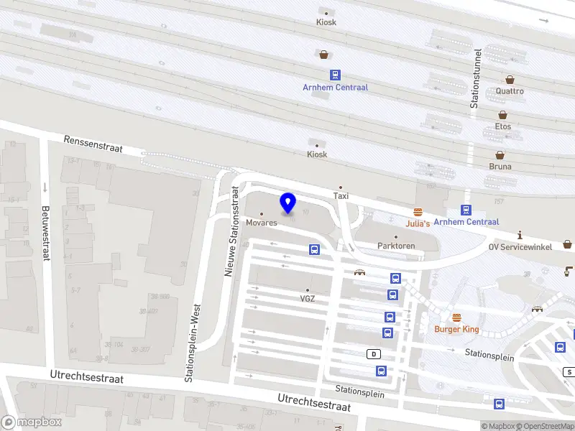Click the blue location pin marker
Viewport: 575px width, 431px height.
point(288,203)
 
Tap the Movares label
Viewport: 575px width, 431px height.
point(261,223)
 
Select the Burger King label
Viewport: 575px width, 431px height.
point(456,329)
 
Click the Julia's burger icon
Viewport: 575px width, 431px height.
point(418,212)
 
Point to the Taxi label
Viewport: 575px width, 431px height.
point(341,195)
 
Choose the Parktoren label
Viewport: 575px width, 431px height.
point(396,246)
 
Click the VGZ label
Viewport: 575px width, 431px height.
point(308,298)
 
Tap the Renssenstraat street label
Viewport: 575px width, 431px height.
point(93,144)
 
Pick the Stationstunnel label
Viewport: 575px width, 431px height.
point(474,79)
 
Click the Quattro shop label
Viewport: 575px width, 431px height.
point(510,91)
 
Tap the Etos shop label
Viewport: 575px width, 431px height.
point(503,126)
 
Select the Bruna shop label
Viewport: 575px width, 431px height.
point(500,166)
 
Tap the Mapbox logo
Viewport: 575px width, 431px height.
point(31,422)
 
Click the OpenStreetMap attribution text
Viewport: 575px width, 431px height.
point(546,426)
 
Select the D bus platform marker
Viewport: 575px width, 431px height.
point(374,354)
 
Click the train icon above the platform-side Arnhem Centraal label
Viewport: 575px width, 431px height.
point(335,75)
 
